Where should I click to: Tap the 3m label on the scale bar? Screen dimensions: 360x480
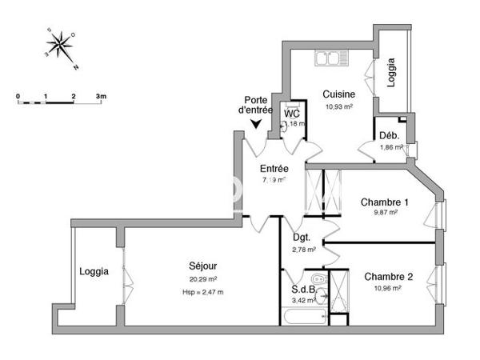(x=101, y=95)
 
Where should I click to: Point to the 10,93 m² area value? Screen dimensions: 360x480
(x=338, y=106)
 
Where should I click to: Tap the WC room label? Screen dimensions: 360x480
(x=292, y=114)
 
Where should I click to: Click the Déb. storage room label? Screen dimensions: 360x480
(x=390, y=135)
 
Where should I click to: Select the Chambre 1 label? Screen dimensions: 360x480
(x=386, y=202)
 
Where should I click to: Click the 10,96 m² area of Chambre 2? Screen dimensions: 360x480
(x=388, y=288)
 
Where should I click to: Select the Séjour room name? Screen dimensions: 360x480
(x=203, y=266)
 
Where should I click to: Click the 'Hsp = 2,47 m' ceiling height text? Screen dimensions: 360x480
(x=203, y=291)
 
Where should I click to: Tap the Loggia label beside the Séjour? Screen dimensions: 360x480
(x=94, y=271)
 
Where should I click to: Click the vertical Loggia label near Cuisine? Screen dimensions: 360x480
(x=392, y=74)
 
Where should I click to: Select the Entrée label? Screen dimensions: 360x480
(x=274, y=169)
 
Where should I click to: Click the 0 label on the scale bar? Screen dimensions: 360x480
(x=18, y=95)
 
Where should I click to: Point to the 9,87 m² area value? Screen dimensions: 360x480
(x=386, y=213)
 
